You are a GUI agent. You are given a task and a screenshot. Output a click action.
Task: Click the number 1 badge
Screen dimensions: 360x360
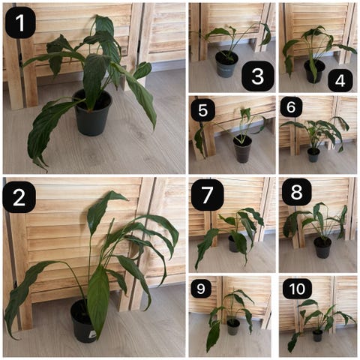coord(20,22)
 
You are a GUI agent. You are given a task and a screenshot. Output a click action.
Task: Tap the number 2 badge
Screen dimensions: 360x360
coord(19,197)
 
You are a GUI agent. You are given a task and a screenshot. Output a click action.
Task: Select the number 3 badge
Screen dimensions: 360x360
coord(258,76)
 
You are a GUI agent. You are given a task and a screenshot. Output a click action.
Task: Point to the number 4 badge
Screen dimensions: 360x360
coord(340,80)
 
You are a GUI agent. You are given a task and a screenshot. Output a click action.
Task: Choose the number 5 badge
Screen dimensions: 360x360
coord(203,110)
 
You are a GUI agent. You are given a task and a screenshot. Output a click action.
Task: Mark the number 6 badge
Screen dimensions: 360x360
coord(291,107)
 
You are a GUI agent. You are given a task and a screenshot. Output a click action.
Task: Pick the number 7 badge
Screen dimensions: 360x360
coord(207,195)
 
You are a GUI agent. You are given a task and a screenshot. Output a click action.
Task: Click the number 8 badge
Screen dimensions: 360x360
coord(297,192)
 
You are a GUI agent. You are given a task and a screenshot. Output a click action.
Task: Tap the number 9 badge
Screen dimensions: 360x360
coord(201,289)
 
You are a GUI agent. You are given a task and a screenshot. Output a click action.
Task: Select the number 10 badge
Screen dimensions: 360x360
coord(297,289)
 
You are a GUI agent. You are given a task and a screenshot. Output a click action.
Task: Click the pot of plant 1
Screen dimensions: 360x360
coord(93,113)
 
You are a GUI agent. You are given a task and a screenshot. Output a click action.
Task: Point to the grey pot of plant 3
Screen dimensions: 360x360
coord(226,64)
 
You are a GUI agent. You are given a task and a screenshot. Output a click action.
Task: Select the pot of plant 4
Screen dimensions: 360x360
coord(314,72)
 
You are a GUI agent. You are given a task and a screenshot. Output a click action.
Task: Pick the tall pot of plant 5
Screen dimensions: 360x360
coord(242,149)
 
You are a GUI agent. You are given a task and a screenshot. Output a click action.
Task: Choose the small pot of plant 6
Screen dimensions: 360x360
coord(313,155)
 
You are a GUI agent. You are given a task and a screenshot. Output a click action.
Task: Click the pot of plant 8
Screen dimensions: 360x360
coord(322,247)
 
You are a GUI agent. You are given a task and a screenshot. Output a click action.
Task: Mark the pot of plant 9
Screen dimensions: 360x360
coord(233,327)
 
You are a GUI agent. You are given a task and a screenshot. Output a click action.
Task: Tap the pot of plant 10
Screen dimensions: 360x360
coord(317,336)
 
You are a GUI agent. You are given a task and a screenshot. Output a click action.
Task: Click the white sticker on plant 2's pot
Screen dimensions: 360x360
coord(92,334)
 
